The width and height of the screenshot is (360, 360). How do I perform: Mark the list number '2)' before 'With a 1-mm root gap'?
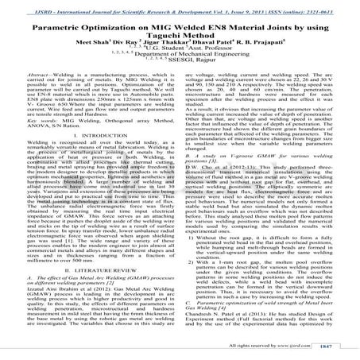click(198, 282)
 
